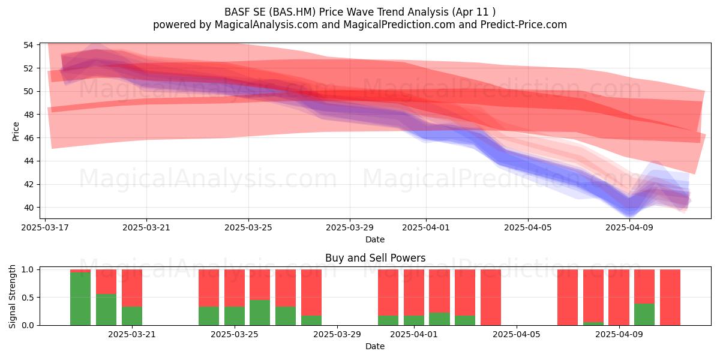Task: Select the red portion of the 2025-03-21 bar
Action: (132, 288)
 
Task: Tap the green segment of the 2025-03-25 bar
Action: (235, 316)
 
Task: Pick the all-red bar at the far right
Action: (670, 298)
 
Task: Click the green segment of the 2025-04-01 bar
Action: (414, 320)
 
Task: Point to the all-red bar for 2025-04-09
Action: (619, 298)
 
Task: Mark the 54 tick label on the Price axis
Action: (28, 45)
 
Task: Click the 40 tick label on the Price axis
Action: (28, 208)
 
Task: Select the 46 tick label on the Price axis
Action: (28, 138)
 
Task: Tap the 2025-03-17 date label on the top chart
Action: (45, 227)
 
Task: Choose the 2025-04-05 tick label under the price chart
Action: (528, 227)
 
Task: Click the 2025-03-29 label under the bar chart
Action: (337, 334)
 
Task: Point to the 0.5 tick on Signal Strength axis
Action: (28, 298)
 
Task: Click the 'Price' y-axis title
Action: (16, 131)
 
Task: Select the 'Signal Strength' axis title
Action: (12, 296)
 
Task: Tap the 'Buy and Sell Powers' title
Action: (376, 258)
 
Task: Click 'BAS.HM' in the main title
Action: (292, 12)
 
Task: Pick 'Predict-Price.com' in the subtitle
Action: (524, 25)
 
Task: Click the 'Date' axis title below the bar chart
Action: (375, 346)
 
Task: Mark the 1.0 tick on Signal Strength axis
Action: (28, 269)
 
